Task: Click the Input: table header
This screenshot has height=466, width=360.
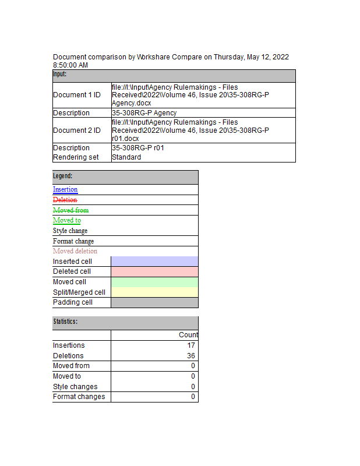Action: point(60,75)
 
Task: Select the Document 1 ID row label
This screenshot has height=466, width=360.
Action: point(76,95)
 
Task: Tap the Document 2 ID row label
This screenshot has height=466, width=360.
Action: point(76,130)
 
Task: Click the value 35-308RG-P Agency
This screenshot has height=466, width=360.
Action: point(144,113)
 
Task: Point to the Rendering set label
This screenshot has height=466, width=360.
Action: point(76,157)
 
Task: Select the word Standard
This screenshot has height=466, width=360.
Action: point(126,157)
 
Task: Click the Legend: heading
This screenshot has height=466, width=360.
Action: point(63,176)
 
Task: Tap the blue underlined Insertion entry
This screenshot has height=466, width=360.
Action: point(65,189)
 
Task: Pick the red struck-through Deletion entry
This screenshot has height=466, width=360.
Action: point(65,200)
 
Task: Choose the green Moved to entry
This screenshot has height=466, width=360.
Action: point(67,220)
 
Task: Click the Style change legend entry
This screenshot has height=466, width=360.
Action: point(70,231)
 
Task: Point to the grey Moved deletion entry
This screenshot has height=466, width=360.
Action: point(75,251)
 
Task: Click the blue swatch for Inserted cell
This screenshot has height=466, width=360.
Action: point(154,262)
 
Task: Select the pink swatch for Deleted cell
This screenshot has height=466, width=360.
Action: point(154,271)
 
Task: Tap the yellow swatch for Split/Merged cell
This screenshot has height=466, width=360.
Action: point(154,292)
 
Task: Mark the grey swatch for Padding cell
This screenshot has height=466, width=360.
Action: point(154,302)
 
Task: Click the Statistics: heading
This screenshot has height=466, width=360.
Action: point(65,322)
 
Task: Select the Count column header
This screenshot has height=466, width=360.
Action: point(188,335)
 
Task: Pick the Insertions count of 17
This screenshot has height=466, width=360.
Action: point(191,345)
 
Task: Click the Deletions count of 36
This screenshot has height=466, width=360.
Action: point(191,356)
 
